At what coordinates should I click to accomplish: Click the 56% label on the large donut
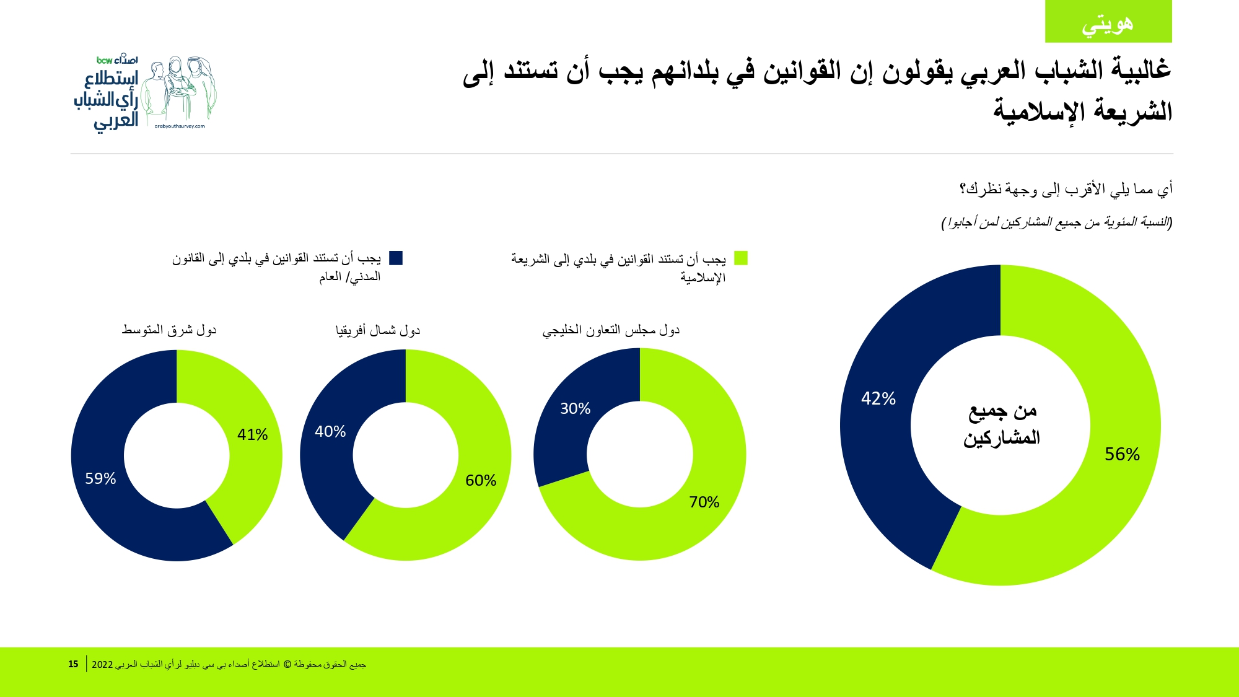(x=1122, y=454)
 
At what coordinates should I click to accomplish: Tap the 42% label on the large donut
(x=878, y=398)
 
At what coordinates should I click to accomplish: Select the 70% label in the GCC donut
(x=704, y=502)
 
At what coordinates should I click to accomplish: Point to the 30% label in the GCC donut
(x=575, y=408)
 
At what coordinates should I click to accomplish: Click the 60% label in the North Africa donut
(x=481, y=480)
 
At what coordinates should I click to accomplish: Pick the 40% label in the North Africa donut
(x=330, y=431)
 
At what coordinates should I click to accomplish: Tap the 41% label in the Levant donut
(x=252, y=434)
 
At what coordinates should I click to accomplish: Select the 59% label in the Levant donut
(x=100, y=478)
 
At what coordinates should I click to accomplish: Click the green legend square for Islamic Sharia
(x=741, y=258)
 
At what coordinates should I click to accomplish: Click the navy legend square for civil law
(x=396, y=258)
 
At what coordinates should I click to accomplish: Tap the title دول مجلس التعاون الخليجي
(x=611, y=330)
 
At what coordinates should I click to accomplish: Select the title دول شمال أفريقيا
(x=378, y=330)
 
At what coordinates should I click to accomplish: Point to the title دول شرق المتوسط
(x=169, y=330)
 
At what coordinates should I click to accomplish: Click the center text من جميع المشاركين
(x=1001, y=424)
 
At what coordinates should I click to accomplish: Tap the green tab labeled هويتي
(x=1108, y=22)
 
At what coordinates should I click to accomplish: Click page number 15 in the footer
(x=73, y=664)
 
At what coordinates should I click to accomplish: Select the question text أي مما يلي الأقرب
(x=1066, y=189)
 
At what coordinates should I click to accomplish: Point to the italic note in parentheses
(x=1057, y=222)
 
